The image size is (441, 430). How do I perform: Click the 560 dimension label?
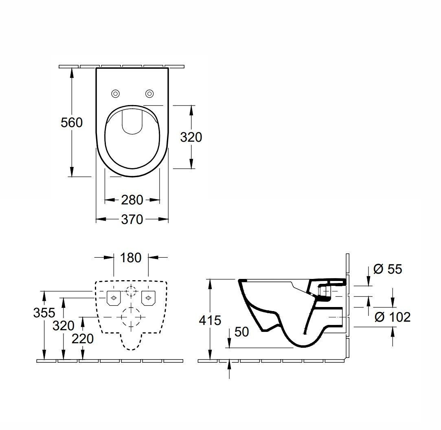coord(72,122)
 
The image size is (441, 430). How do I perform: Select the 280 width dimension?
coord(132,200)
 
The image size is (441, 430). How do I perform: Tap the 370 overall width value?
coord(132,219)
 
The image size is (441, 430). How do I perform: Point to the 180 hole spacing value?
coord(131,257)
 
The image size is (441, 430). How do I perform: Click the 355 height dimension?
coord(44,313)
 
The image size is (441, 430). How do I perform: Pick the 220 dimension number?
coord(83,338)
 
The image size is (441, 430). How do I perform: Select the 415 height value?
coord(211,320)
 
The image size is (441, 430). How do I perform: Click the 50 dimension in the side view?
coord(241,332)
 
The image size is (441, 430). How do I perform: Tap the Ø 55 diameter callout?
coord(388,269)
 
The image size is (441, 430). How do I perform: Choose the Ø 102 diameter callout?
coord(392,316)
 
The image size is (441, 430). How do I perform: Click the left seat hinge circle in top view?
coord(115,94)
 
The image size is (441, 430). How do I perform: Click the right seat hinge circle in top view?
coord(149,94)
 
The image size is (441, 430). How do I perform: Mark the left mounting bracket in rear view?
coord(113,298)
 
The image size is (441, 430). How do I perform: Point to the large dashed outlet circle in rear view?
coord(131,317)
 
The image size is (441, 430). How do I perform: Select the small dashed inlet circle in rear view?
coord(131,291)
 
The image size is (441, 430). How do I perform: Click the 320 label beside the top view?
coord(191,137)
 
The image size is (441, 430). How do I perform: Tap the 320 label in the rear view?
coord(64,325)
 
